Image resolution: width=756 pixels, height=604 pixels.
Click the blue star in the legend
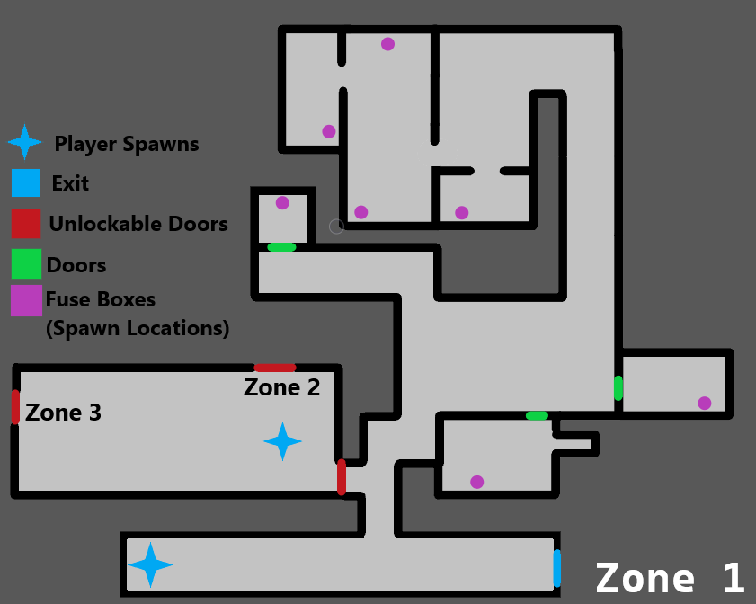[x=24, y=142]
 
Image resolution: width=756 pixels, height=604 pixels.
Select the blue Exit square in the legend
[x=26, y=182]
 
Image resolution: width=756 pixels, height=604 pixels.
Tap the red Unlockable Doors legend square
[x=26, y=223]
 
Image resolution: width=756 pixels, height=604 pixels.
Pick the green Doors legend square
[x=26, y=264]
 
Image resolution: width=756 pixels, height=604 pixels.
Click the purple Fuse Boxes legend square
[x=26, y=300]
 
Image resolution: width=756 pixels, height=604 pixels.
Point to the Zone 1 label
[x=670, y=578]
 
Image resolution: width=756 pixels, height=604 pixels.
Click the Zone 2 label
[x=282, y=388]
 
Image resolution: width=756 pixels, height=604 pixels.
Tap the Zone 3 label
[x=63, y=413]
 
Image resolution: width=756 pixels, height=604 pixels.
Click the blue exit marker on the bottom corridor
[x=557, y=567]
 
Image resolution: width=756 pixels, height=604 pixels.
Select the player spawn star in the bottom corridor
[x=150, y=565]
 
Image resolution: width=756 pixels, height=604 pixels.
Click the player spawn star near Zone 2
[x=282, y=441]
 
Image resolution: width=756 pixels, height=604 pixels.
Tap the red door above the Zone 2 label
[x=275, y=368]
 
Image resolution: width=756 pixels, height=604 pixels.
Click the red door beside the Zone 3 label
[x=15, y=406]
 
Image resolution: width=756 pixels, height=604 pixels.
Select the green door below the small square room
[x=281, y=247]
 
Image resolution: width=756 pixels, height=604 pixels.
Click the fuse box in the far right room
[x=705, y=403]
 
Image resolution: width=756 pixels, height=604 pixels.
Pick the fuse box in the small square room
[x=282, y=203]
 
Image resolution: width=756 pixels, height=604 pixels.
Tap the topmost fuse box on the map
[x=387, y=44]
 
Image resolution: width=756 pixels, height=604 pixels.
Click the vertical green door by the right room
[x=618, y=388]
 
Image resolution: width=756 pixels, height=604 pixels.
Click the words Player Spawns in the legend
[x=127, y=144]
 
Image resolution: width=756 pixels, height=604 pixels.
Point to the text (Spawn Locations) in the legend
[x=138, y=329]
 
